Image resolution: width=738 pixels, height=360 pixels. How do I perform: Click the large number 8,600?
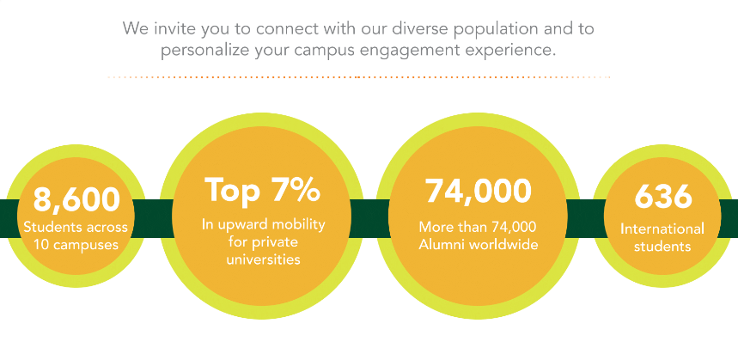click(x=76, y=198)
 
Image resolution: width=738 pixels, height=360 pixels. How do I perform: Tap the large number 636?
click(x=663, y=196)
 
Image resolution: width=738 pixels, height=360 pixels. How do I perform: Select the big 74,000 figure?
click(x=479, y=191)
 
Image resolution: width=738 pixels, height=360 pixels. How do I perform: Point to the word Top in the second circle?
click(x=233, y=191)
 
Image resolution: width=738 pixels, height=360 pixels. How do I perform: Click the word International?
click(x=662, y=229)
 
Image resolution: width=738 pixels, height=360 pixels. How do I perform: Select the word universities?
click(x=263, y=259)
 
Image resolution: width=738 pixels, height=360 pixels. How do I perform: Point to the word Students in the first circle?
click(x=46, y=228)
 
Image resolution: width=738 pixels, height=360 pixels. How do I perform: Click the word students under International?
click(x=662, y=246)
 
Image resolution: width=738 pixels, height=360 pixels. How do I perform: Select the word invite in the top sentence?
click(x=170, y=28)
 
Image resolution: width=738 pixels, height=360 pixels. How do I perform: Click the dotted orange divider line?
click(x=359, y=76)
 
